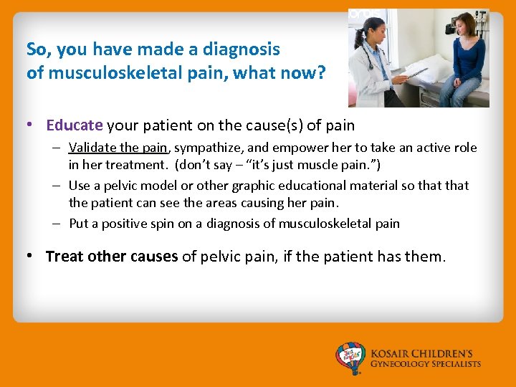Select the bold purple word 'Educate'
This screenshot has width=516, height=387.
pyautogui.click(x=75, y=125)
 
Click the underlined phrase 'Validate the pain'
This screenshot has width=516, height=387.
pyautogui.click(x=118, y=148)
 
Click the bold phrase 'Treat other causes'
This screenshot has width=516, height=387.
pyautogui.click(x=112, y=257)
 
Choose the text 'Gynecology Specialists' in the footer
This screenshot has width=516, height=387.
pyautogui.click(x=426, y=365)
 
